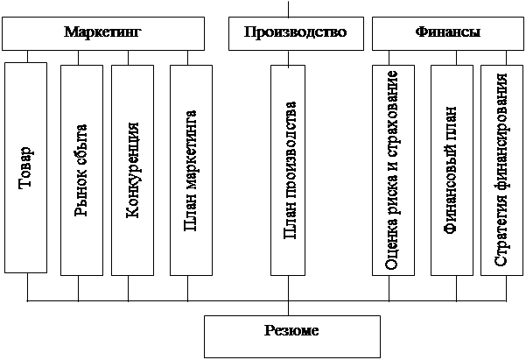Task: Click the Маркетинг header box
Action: [x=102, y=34]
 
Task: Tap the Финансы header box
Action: [x=445, y=34]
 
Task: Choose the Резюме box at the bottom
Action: [x=292, y=334]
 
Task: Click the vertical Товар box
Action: [x=25, y=166]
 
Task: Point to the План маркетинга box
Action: [x=192, y=168]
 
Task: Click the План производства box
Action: [x=291, y=168]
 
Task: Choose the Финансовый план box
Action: [x=451, y=168]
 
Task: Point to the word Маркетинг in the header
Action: [x=102, y=32]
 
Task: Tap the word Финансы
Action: [x=445, y=32]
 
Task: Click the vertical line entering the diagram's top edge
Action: [x=290, y=8]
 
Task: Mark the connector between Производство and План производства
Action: [x=290, y=57]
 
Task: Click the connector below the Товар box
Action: [x=27, y=286]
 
